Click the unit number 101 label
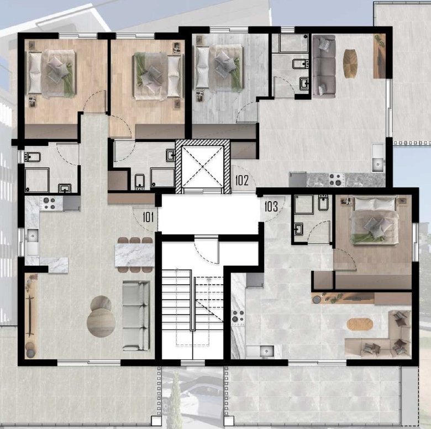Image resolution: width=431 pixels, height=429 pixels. pos(148,217)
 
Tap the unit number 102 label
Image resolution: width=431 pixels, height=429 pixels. pos(242,180)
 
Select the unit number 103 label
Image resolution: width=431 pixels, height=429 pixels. pos(271,207)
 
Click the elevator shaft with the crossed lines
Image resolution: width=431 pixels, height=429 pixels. pos(203,166)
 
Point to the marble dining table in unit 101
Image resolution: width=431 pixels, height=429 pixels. pos(134,255)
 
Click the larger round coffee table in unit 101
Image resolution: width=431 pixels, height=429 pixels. pos(101,322)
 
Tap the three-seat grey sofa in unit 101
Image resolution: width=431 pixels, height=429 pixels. pos(136,316)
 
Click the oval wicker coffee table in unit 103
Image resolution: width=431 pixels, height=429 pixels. pos(360,325)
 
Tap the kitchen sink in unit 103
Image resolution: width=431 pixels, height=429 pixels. pos(260,351)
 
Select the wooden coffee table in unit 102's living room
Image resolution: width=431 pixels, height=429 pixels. pos(350,63)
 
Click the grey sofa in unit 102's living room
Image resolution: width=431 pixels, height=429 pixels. pos(324,66)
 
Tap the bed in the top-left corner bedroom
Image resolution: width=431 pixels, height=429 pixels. pos(51,74)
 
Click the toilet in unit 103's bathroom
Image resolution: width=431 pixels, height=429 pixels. pos(323,203)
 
